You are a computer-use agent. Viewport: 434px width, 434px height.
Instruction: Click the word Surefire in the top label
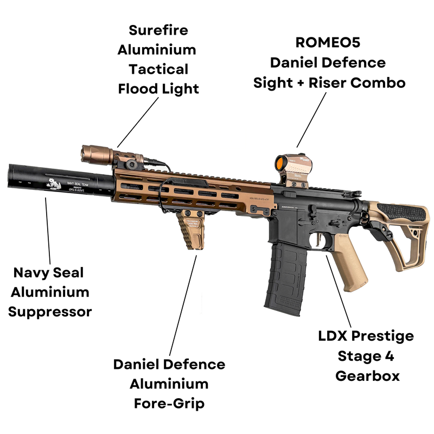coord(157,30)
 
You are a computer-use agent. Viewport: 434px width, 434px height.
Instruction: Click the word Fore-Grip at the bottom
coord(169,404)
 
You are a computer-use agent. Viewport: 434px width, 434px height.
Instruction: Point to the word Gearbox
coord(367,375)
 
